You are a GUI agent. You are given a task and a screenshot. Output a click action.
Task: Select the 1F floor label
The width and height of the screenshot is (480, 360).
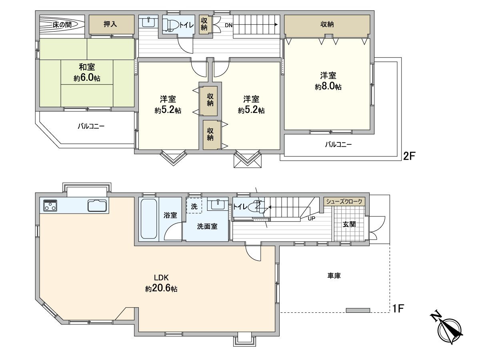[399, 308]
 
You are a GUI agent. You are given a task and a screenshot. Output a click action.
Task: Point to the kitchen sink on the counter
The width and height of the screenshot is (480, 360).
[97, 205]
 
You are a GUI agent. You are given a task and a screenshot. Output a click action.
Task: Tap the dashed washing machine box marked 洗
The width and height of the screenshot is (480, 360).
[194, 206]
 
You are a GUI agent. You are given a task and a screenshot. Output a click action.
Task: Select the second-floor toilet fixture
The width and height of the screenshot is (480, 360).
[170, 24]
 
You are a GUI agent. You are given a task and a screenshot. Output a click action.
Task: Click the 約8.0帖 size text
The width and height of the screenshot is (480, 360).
[328, 86]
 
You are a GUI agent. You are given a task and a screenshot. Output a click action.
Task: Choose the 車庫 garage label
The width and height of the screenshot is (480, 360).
[334, 276]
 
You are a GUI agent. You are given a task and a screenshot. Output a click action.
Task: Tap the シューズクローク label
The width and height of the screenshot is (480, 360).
[344, 202]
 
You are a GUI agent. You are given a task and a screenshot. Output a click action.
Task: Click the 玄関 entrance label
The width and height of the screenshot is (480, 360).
[349, 224]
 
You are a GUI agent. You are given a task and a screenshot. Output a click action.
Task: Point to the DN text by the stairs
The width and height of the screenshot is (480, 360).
[228, 25]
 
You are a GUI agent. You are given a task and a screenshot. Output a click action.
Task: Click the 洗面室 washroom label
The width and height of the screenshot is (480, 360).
[207, 226]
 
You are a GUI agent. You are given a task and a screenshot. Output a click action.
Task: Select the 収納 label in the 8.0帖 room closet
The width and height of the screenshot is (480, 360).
[327, 24]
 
